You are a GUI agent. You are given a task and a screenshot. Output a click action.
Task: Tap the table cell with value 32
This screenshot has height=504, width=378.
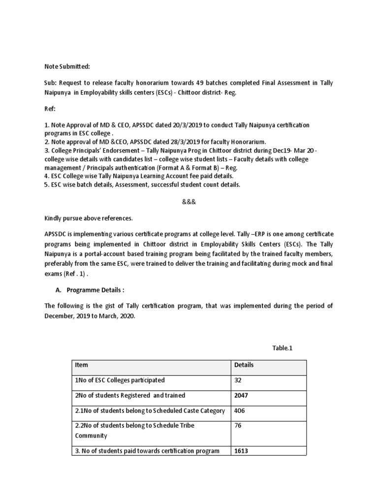pos(238,380)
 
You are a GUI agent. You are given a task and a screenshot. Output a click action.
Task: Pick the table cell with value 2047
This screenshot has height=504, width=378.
pos(242,396)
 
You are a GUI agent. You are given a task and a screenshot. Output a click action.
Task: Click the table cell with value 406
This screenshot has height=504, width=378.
pos(240,410)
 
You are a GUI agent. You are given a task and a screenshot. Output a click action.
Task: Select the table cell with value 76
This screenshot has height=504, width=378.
pos(238,426)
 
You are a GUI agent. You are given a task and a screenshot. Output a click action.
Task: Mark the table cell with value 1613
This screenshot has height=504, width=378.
pos(241,451)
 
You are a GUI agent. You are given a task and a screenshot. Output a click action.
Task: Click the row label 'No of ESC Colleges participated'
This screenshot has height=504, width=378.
pos(120,380)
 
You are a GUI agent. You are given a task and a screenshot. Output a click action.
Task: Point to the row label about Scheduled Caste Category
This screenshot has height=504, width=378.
pos(150,410)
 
